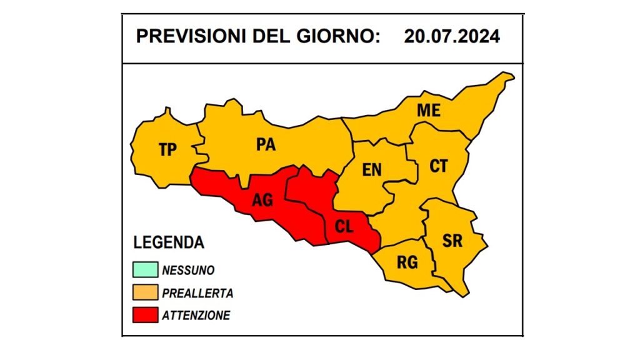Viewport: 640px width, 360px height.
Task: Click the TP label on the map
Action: (167, 149)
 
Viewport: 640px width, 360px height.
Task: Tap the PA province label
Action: (266, 144)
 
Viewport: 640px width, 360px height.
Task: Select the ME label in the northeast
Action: (429, 111)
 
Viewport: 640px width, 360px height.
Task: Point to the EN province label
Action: (372, 169)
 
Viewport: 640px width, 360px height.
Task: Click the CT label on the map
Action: (438, 166)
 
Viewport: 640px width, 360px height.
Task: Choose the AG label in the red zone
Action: (262, 201)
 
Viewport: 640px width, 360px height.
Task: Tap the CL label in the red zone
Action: (344, 227)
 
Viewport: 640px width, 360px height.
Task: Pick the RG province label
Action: (407, 262)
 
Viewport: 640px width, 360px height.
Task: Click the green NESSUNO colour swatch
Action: (144, 270)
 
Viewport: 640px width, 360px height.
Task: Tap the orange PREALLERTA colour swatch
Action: (144, 292)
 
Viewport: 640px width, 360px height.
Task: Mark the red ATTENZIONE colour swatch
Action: (144, 315)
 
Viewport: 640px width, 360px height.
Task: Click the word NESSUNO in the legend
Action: (188, 271)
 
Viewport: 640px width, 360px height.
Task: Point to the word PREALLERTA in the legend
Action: (197, 293)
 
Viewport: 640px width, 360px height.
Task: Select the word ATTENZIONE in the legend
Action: (196, 316)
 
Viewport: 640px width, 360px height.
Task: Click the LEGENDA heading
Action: (169, 242)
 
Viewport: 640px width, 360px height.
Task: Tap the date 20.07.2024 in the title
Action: (451, 36)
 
